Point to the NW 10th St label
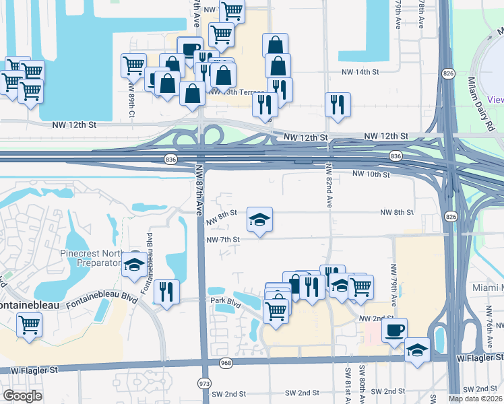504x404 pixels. tap(371, 174)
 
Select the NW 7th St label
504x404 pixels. tap(223, 240)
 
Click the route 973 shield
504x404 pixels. tap(204, 383)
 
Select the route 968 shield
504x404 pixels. tap(227, 363)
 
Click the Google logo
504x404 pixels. tap(22, 396)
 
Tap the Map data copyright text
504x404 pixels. tap(474, 398)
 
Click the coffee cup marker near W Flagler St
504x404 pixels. tap(394, 330)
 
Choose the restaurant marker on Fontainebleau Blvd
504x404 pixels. tap(166, 292)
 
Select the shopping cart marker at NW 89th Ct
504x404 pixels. tap(133, 65)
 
